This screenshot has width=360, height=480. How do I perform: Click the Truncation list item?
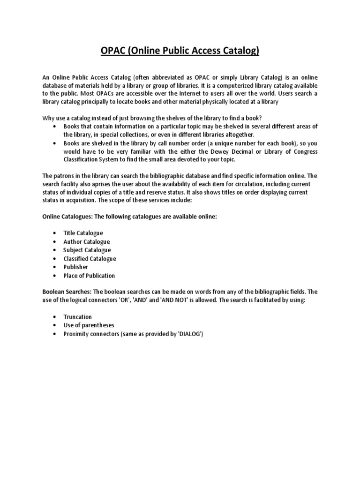point(78,317)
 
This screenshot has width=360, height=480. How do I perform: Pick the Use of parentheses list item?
point(89,325)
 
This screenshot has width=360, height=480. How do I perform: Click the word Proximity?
point(77,334)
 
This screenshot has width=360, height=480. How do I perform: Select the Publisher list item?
point(76,267)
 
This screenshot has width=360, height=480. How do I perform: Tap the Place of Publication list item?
point(89,276)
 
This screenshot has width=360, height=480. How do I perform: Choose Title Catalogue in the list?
point(83,233)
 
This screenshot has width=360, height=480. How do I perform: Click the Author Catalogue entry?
point(87,241)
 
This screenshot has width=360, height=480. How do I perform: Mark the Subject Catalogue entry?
point(87,250)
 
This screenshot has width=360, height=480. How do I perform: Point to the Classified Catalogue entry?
point(90,258)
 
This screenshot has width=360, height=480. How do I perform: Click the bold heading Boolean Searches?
point(67,292)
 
